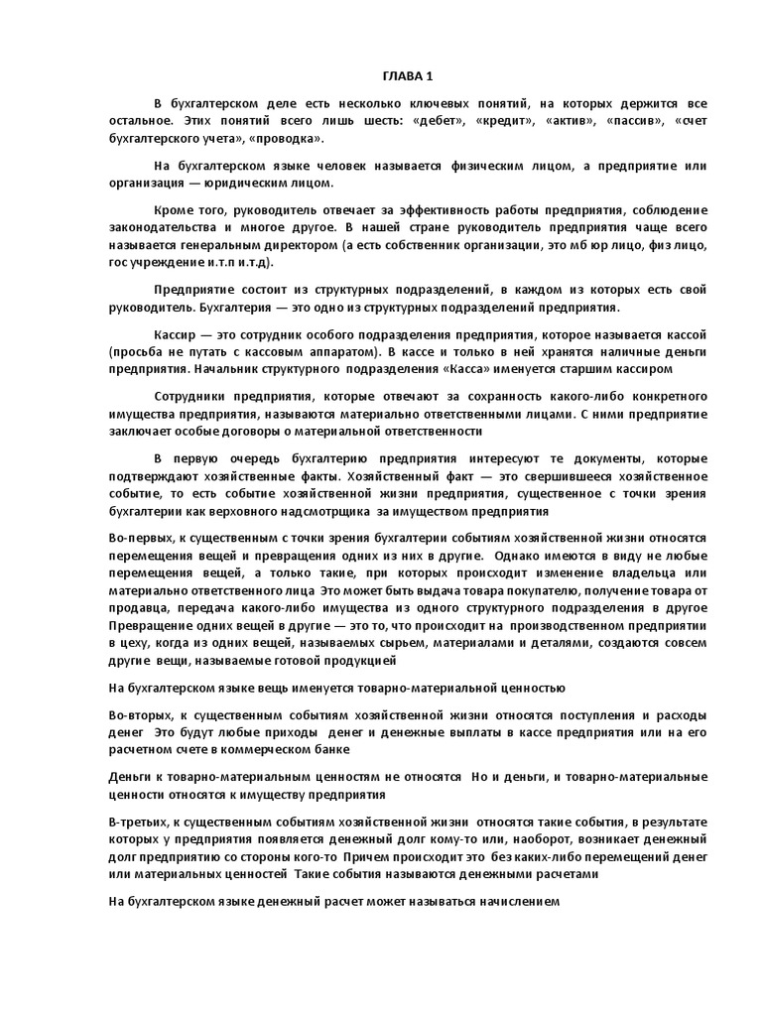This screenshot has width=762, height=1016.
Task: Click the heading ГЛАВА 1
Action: pyautogui.click(x=407, y=77)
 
